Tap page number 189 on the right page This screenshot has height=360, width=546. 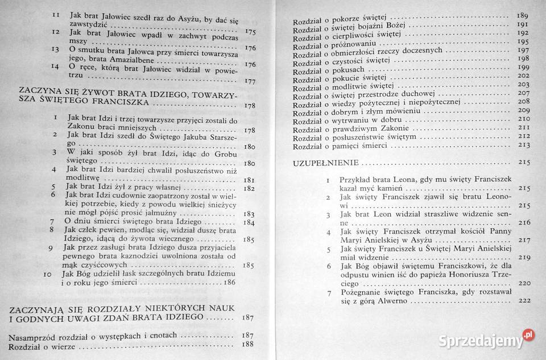point(523,15)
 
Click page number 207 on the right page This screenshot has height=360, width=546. point(523,93)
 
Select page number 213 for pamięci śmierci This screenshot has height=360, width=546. point(523,146)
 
